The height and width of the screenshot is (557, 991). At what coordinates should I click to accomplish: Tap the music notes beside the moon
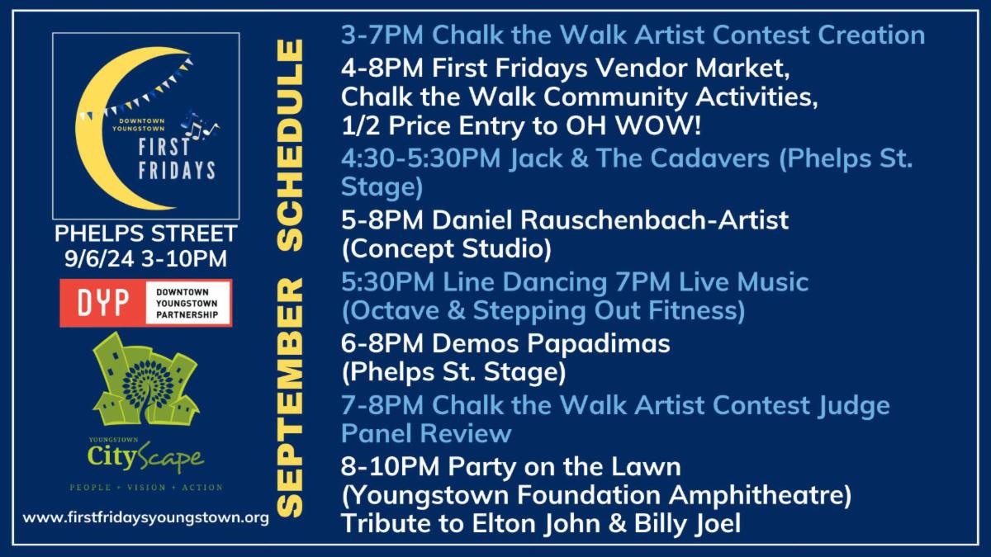click(199, 125)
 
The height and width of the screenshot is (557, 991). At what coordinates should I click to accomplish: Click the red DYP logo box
click(102, 304)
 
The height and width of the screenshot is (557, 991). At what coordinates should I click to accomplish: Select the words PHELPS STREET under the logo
click(146, 234)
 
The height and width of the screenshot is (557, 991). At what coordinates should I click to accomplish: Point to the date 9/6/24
click(99, 258)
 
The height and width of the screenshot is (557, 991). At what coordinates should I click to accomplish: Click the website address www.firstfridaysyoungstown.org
click(146, 517)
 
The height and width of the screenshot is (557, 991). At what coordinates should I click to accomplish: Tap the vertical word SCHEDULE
click(290, 145)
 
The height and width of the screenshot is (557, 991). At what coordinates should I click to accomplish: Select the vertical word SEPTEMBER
click(290, 398)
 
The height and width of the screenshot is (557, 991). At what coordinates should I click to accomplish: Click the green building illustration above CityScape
click(146, 380)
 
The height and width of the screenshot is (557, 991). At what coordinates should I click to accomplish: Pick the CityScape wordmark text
click(145, 458)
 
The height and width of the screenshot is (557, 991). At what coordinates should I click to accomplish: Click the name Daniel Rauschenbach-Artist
click(610, 220)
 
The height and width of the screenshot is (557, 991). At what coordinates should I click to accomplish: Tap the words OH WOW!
click(633, 125)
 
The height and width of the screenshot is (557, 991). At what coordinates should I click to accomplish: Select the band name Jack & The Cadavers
click(639, 158)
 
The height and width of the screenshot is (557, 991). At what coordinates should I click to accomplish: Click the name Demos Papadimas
click(551, 344)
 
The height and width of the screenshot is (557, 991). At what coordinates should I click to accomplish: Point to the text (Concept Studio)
click(447, 249)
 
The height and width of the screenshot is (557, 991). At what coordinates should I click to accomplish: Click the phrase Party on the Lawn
click(565, 467)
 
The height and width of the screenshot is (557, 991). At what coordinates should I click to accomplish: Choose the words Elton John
click(536, 523)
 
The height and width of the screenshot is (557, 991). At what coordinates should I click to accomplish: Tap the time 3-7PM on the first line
click(382, 35)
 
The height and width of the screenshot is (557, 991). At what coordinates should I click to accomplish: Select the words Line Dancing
click(525, 283)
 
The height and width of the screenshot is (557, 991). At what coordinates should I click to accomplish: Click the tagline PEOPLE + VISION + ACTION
click(146, 488)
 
